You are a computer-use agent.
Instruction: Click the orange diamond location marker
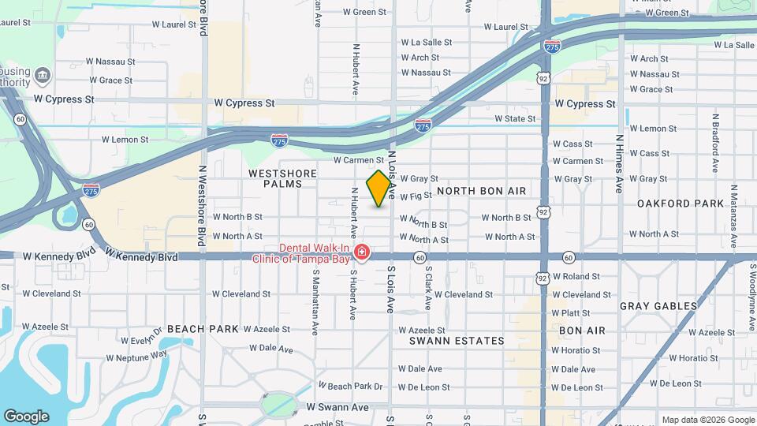[379, 189]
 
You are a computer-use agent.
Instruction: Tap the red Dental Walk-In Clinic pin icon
[362, 253]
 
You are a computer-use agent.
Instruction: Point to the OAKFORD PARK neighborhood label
[681, 204]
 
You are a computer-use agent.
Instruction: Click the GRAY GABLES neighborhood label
[658, 306]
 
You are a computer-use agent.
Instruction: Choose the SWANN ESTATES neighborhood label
[457, 341]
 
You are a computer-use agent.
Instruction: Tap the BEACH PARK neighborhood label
[203, 329]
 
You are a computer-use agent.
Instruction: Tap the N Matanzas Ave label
[733, 212]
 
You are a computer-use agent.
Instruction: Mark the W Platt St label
[576, 313]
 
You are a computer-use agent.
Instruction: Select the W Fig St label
[416, 196]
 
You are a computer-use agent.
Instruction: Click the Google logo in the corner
[26, 416]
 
